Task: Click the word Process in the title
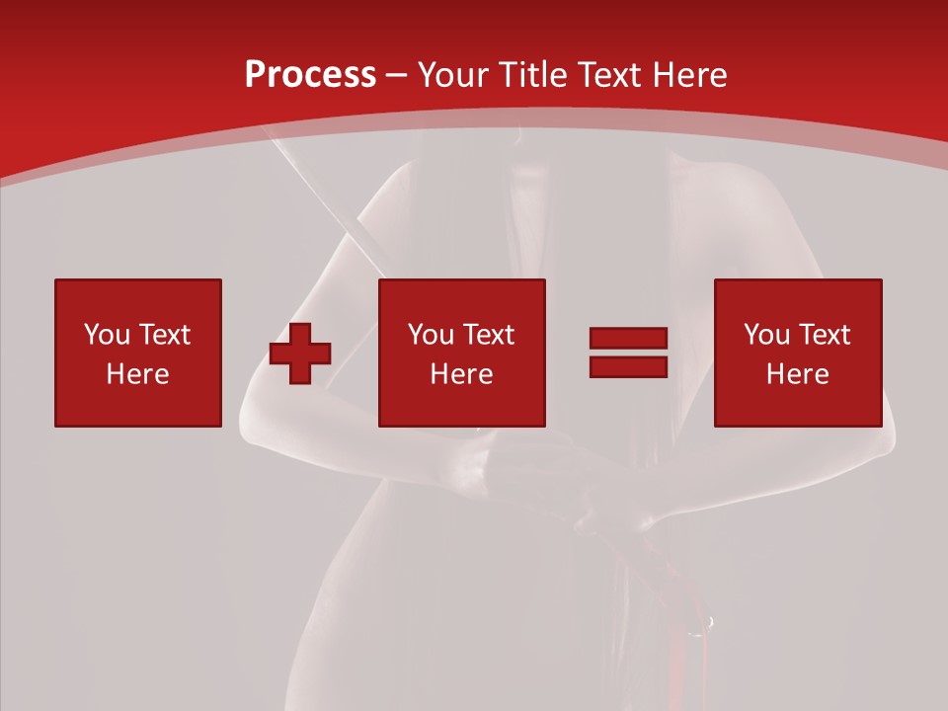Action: tap(310, 75)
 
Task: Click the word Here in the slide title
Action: tap(689, 75)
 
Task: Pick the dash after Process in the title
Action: tap(396, 75)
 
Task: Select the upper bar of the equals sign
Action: tap(628, 339)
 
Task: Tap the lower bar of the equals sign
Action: tap(628, 366)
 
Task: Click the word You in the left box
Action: tap(107, 335)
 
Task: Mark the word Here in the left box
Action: tap(137, 374)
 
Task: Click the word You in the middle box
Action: tap(431, 335)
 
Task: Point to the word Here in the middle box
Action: tap(461, 374)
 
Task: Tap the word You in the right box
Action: tap(766, 335)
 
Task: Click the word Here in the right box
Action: tap(797, 374)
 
